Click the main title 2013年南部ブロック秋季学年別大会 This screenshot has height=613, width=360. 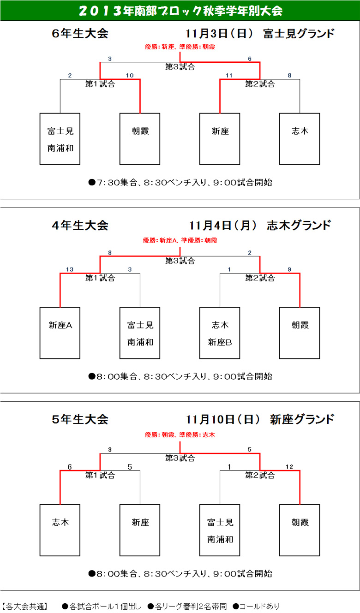[x=180, y=11]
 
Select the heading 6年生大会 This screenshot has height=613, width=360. [x=80, y=33]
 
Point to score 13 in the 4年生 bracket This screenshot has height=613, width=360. [x=70, y=269]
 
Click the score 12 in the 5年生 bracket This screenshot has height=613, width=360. [x=289, y=467]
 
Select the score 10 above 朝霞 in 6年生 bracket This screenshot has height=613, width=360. [x=130, y=75]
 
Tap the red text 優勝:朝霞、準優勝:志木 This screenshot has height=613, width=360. [x=180, y=435]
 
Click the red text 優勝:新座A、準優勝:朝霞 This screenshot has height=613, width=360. [x=180, y=241]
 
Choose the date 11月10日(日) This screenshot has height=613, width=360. [x=222, y=419]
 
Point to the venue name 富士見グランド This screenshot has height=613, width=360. [x=299, y=33]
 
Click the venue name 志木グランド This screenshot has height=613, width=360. [x=299, y=225]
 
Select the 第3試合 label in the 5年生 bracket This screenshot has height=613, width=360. [x=180, y=458]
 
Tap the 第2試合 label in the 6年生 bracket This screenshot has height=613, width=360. [x=260, y=84]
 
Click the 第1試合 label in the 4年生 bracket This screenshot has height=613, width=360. [x=100, y=278]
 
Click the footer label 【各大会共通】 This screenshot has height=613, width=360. [x=25, y=606]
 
